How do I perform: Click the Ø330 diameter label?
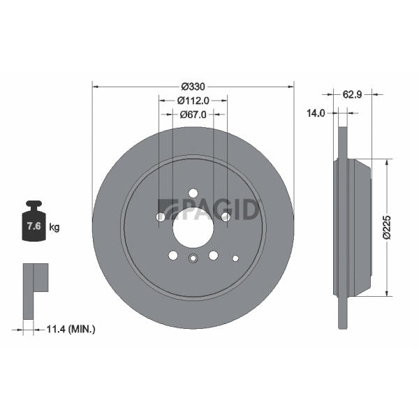click(193, 87)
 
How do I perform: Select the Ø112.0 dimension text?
click(193, 101)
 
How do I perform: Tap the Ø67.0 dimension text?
click(193, 115)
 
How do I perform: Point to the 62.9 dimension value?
click(352, 94)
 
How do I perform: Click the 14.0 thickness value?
click(316, 113)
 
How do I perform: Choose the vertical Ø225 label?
click(387, 227)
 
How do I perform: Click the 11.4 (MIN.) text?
click(71, 329)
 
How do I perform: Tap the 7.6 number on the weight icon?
click(34, 226)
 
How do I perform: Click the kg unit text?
click(54, 228)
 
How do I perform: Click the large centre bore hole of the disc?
click(193, 228)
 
